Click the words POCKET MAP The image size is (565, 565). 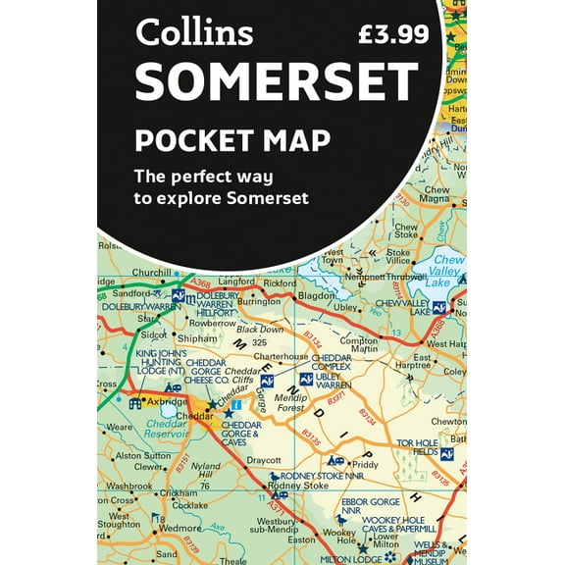232,139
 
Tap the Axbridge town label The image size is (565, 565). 166,401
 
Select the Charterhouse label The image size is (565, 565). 282,356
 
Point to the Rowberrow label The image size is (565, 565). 213,323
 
